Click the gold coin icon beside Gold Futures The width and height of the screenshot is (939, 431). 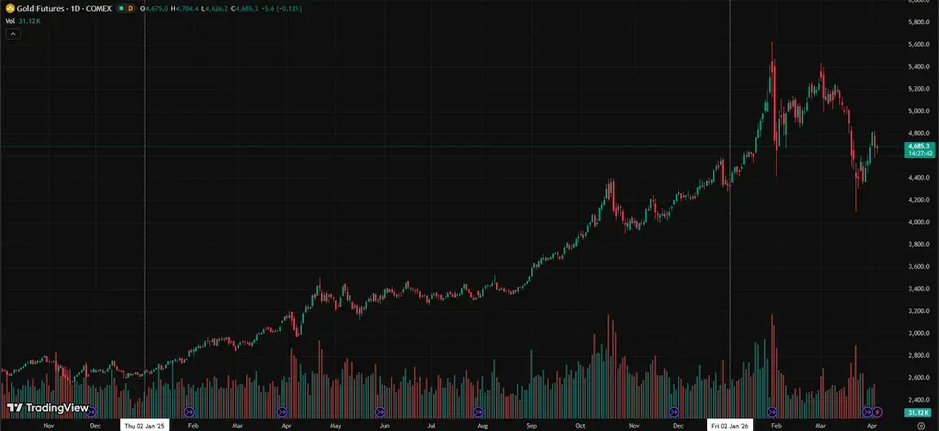pos(10,8)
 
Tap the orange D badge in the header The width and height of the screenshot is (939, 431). pos(130,8)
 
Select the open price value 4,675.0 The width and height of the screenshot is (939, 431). pos(157,8)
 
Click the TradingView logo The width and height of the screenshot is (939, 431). pos(48,408)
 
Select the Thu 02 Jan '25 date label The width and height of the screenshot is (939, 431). pos(145,425)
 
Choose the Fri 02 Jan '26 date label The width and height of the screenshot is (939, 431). pos(729,425)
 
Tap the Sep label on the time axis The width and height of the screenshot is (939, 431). pos(531,425)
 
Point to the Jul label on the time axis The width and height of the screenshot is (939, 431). pos(432,425)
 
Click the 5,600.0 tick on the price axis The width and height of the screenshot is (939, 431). pos(918,44)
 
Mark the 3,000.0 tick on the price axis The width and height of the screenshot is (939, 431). pos(918,333)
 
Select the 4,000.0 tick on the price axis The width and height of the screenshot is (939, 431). pos(918,222)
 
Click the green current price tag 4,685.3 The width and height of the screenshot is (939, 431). pos(922,145)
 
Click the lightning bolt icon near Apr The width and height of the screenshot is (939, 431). pos(877,412)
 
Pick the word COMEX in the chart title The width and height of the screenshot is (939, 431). pos(99,8)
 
